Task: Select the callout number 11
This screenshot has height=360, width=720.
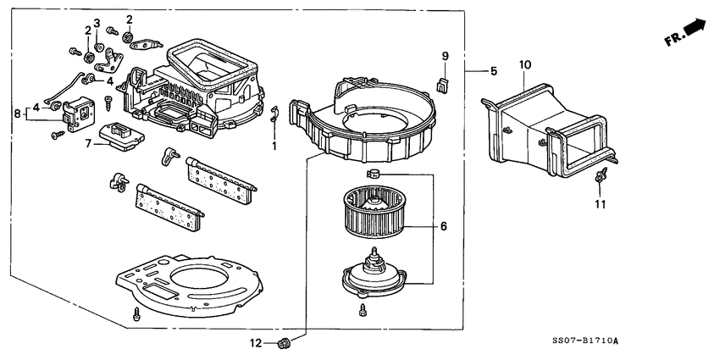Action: [x=600, y=204]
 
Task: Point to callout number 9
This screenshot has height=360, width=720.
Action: [x=444, y=57]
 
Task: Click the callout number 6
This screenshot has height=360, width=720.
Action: [x=442, y=227]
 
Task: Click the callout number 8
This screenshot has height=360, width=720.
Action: [x=16, y=112]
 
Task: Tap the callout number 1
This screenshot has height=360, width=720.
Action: [x=274, y=146]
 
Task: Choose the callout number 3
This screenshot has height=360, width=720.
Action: [x=97, y=23]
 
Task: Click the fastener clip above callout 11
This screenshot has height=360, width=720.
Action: [x=601, y=177]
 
